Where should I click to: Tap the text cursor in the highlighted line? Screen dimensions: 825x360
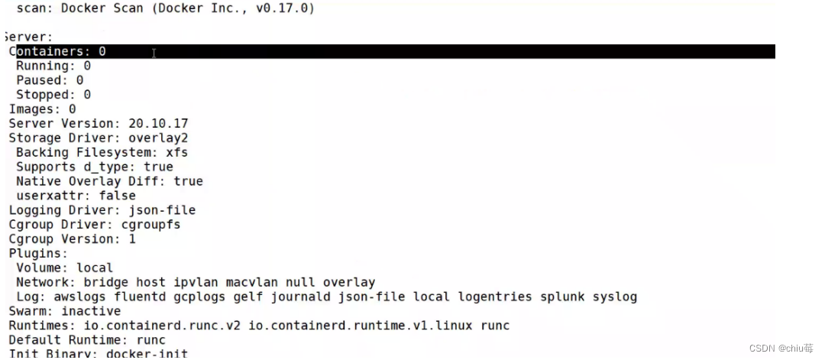click(x=154, y=53)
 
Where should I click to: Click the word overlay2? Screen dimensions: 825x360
click(x=158, y=138)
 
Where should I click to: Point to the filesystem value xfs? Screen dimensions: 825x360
click(x=177, y=152)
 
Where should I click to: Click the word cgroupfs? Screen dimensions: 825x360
click(x=151, y=225)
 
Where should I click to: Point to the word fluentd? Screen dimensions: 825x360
click(x=140, y=297)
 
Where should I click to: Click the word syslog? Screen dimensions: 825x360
click(x=615, y=297)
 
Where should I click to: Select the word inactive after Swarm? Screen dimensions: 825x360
click(x=90, y=311)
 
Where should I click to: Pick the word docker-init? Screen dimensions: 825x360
click(x=147, y=354)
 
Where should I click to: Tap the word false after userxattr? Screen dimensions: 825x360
click(x=117, y=196)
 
